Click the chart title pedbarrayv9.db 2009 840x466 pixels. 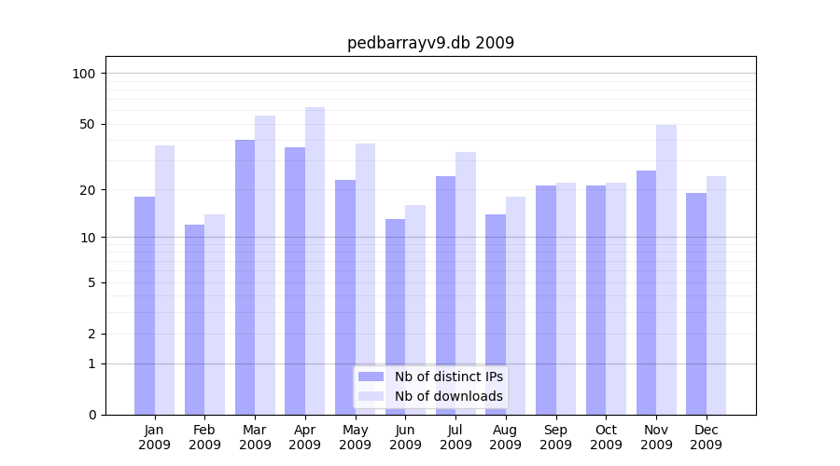pos(430,43)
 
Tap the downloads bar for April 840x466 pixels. pos(315,261)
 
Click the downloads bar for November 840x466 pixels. pos(666,269)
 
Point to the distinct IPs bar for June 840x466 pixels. pos(395,317)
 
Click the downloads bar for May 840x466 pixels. pos(365,279)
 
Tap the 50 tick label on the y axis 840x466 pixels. pos(88,124)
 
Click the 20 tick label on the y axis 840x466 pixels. pos(88,190)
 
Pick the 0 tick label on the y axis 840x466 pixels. pos(91,415)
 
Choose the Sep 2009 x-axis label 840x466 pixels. pos(555,437)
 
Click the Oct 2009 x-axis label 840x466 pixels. pos(606,437)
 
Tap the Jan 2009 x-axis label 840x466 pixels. pos(155,437)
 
